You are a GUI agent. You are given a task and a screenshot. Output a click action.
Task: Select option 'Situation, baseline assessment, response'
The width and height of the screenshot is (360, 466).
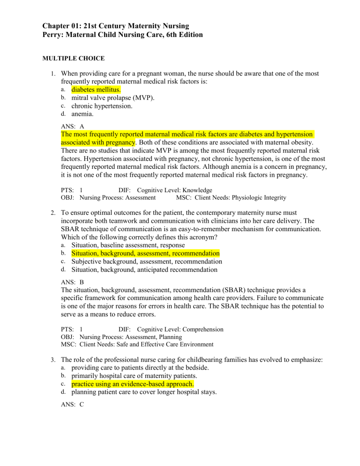(127, 245)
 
